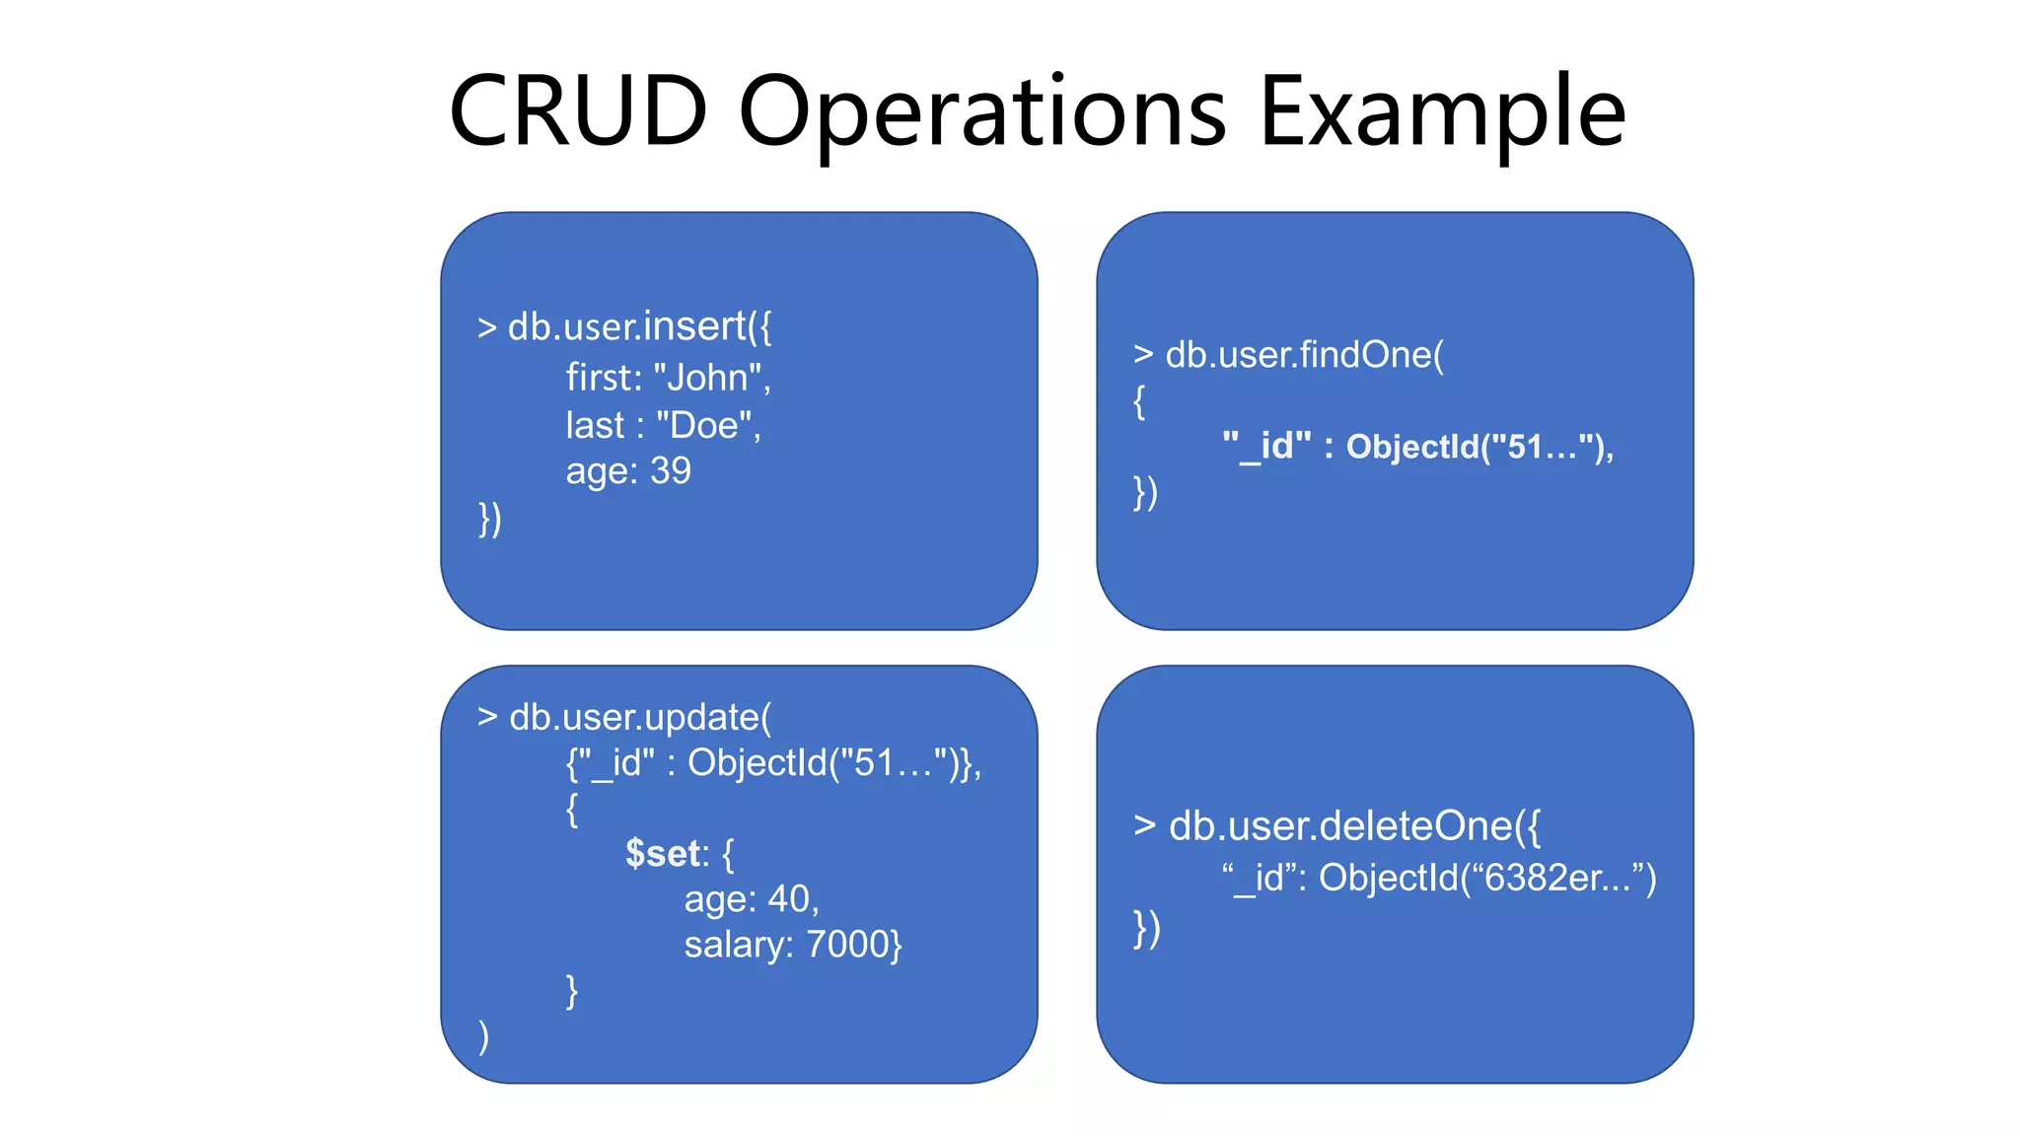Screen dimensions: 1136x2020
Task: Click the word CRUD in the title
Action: pos(579,111)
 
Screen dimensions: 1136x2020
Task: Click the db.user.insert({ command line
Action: pos(624,326)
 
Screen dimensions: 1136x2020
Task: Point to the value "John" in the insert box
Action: pos(707,378)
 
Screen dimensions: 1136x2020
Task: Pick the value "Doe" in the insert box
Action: pos(703,425)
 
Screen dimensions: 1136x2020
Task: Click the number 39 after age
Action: pos(671,470)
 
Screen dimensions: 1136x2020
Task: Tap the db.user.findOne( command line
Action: pos(1288,354)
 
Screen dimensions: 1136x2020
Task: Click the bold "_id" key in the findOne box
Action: pos(1266,447)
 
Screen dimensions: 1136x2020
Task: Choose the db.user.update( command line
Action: pos(624,717)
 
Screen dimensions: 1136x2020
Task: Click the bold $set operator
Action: pos(664,853)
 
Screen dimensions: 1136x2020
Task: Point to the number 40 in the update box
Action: pos(788,898)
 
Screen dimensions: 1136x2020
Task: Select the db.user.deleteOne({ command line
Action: pos(1336,825)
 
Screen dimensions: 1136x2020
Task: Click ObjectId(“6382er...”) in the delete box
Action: pos(1487,877)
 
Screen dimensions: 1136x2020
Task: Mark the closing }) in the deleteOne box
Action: pos(1146,928)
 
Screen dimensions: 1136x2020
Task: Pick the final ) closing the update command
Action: pos(483,1036)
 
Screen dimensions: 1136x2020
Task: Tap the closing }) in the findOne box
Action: pos(1145,492)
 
